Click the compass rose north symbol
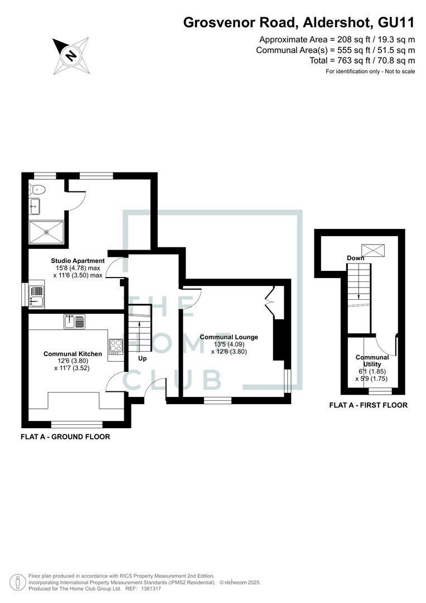[x=71, y=55]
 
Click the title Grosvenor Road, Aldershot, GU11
[x=299, y=23]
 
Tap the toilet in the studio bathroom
[x=38, y=189]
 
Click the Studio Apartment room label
[x=78, y=261]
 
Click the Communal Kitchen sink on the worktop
[x=75, y=322]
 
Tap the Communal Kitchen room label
[x=72, y=353]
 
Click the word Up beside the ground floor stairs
[x=142, y=358]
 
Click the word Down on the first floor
[x=355, y=258]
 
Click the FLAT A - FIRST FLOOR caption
[x=368, y=405]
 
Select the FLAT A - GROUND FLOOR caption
[x=65, y=437]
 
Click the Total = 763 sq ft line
[x=362, y=60]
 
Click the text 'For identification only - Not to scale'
[x=370, y=71]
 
